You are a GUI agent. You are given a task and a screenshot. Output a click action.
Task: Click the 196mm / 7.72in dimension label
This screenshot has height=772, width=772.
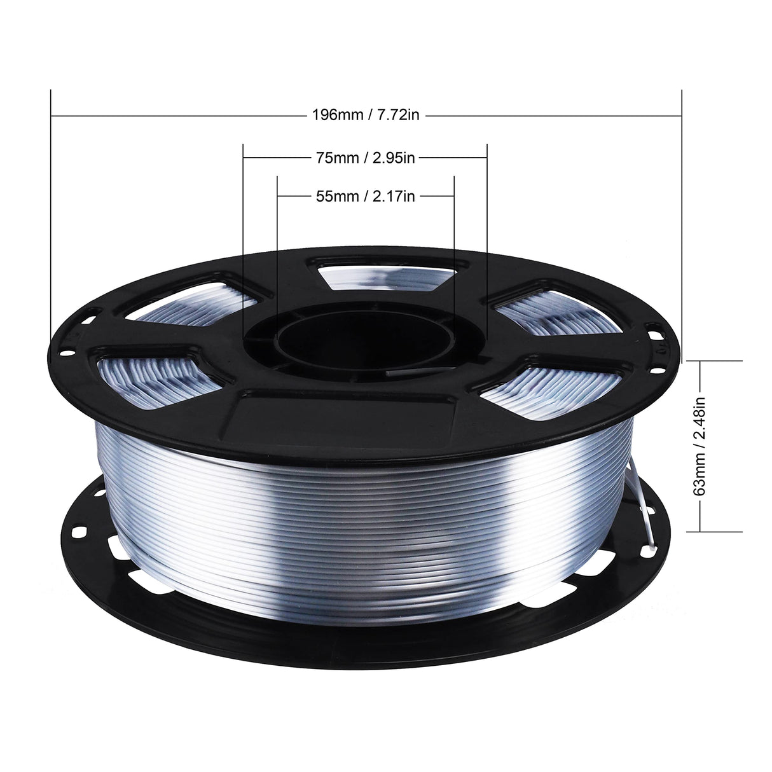coord(366,116)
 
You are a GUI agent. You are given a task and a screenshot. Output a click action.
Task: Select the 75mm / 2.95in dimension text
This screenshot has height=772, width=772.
coord(366,158)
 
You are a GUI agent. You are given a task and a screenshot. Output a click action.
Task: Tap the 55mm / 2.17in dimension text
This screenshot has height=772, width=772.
coord(366,196)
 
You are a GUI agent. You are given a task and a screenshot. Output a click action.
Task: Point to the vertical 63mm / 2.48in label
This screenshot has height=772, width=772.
coord(700,446)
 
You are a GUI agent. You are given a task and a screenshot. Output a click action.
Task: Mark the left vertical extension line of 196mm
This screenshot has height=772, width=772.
coord(50,223)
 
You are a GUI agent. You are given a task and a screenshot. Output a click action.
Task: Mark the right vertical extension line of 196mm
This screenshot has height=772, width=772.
coord(682,223)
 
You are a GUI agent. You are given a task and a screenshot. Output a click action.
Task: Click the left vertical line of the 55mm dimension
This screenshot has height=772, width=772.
coord(277,254)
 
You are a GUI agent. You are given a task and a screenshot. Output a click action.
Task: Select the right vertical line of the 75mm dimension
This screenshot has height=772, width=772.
coord(486,242)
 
